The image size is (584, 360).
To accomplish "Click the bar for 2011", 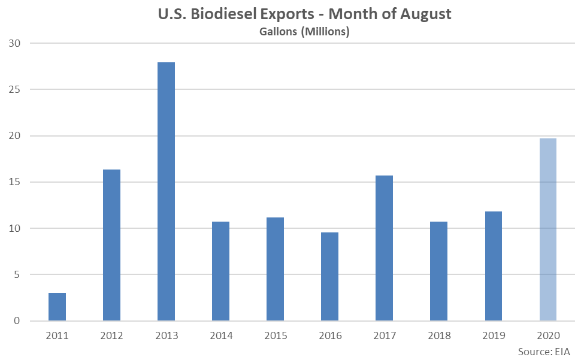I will (57, 307).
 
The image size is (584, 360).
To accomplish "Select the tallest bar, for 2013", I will (166, 192).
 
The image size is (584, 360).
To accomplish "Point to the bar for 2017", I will (384, 248).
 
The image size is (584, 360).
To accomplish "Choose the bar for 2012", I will (111, 245).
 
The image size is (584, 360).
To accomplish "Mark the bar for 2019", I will (493, 266).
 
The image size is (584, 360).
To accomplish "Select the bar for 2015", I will (275, 269).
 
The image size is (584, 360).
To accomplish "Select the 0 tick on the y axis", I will (17, 321).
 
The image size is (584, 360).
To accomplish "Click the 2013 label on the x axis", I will (166, 335).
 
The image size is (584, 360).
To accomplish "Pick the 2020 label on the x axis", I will (547, 335).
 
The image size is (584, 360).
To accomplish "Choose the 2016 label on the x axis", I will (329, 335).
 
